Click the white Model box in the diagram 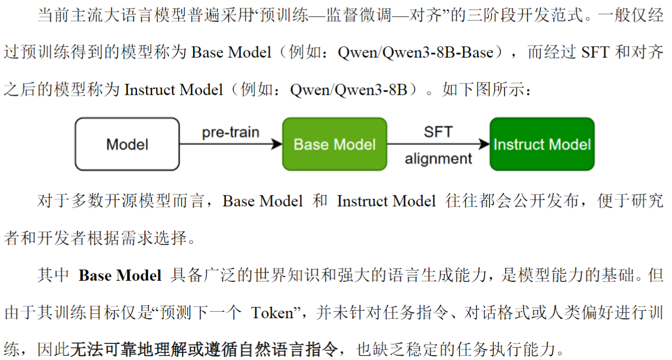tap(127, 144)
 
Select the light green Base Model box tap(334, 144)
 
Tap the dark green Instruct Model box tap(541, 144)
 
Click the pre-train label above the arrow tap(231, 132)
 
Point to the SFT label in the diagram tap(438, 132)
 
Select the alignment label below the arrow tap(438, 159)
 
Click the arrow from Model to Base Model tap(231, 144)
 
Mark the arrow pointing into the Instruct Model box tap(438, 144)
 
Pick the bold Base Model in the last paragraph tap(120, 275)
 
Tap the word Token tap(272, 312)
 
